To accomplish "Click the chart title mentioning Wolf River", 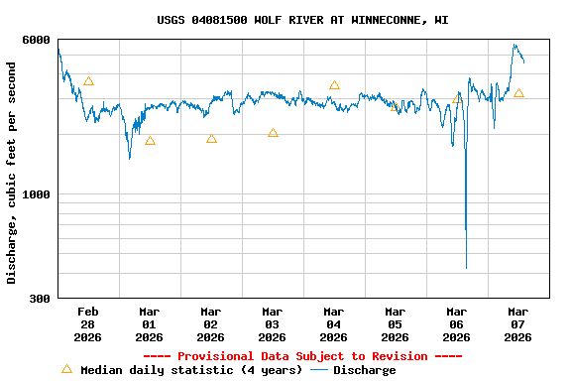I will click(x=302, y=20).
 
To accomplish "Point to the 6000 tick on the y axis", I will click(x=37, y=40).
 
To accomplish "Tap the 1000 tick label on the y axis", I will click(x=37, y=194).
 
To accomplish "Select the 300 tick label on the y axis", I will click(x=41, y=299).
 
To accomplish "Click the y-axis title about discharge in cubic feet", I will click(x=12, y=173).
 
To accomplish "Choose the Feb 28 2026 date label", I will click(x=87, y=324).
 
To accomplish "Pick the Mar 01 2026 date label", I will click(x=149, y=324).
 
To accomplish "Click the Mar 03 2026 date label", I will click(x=272, y=324).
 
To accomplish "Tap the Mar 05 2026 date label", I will click(x=395, y=324).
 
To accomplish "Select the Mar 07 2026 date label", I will click(x=517, y=324).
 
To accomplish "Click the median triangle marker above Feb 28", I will click(x=88, y=81).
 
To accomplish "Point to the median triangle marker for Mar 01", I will click(x=150, y=141).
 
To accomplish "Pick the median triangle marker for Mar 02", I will click(x=211, y=139).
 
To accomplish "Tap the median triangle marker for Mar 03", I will click(x=273, y=133).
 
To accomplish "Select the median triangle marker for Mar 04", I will click(x=334, y=85).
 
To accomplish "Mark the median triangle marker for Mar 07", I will click(x=518, y=93).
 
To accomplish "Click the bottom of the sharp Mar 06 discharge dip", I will click(x=466, y=267).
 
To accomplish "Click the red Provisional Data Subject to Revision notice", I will click(x=302, y=356).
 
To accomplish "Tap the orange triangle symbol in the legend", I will click(x=66, y=369).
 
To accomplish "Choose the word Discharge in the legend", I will click(x=364, y=370).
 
